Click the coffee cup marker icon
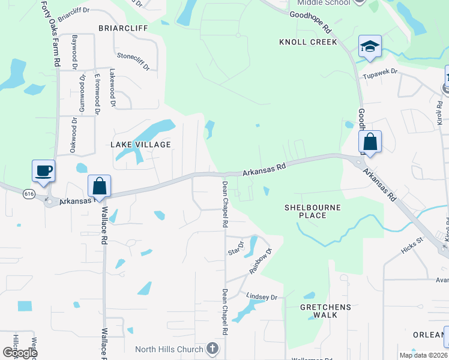(x=43, y=171)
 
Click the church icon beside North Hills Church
(x=211, y=349)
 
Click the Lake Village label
(x=140, y=145)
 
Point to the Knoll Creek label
(x=308, y=42)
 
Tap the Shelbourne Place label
(x=312, y=211)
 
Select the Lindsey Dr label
(x=262, y=296)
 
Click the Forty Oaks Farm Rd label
(x=50, y=33)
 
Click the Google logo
(x=20, y=352)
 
